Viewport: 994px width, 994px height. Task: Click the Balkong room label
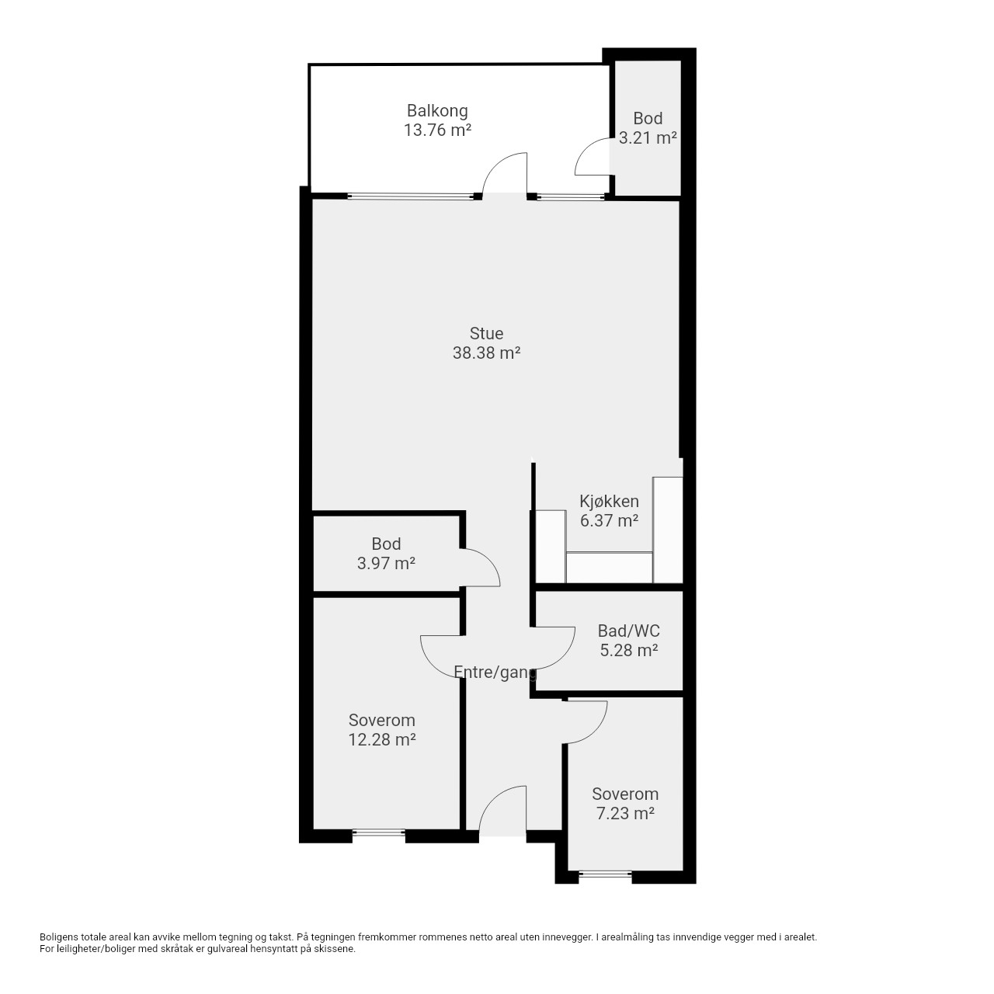tap(437, 111)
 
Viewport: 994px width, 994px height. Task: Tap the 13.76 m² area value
tap(437, 130)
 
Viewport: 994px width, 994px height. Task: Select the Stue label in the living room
tap(486, 333)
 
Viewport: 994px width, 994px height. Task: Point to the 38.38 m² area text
tap(486, 353)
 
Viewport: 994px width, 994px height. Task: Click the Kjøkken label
tap(609, 502)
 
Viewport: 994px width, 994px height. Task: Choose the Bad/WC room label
tap(628, 631)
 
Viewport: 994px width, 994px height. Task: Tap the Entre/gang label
tap(495, 673)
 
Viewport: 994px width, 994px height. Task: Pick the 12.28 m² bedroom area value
tap(382, 740)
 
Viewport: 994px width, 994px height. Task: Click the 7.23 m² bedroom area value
tap(624, 814)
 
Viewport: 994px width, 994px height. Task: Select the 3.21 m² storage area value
tap(648, 137)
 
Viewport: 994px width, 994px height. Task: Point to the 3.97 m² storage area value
tap(386, 563)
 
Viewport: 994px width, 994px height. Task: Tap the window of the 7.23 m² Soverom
tap(605, 874)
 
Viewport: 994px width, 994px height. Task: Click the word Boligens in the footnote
tap(60, 937)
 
